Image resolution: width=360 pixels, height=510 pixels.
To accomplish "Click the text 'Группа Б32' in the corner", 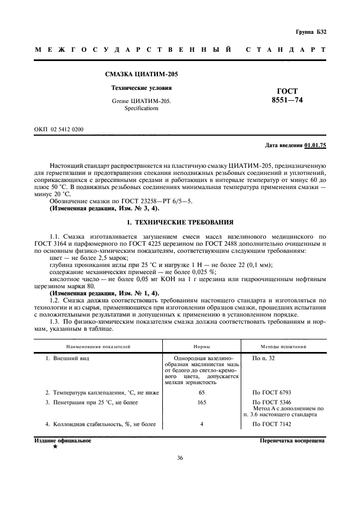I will [x=311, y=32].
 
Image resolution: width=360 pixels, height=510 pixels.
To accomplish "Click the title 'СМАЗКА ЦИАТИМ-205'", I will [x=141, y=74].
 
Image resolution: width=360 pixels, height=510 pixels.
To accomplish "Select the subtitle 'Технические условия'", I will [x=141, y=87].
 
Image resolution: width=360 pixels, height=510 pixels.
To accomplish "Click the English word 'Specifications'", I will [x=141, y=108].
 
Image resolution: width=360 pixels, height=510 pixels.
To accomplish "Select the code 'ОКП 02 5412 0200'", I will [x=59, y=129].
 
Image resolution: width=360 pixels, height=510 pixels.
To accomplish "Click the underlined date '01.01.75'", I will [x=315, y=145].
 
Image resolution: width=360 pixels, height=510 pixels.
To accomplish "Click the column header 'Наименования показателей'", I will [x=99, y=346].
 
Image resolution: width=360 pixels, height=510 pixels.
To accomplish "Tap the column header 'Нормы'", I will [x=202, y=346].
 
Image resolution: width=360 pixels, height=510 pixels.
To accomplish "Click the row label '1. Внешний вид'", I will [x=67, y=359].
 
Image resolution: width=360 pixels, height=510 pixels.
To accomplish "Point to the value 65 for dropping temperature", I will [x=202, y=407].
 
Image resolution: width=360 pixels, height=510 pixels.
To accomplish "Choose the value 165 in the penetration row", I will [x=202, y=417].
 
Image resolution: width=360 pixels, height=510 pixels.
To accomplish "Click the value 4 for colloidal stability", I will [x=202, y=439].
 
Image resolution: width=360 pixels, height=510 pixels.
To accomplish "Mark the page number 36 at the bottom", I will [x=180, y=472].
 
